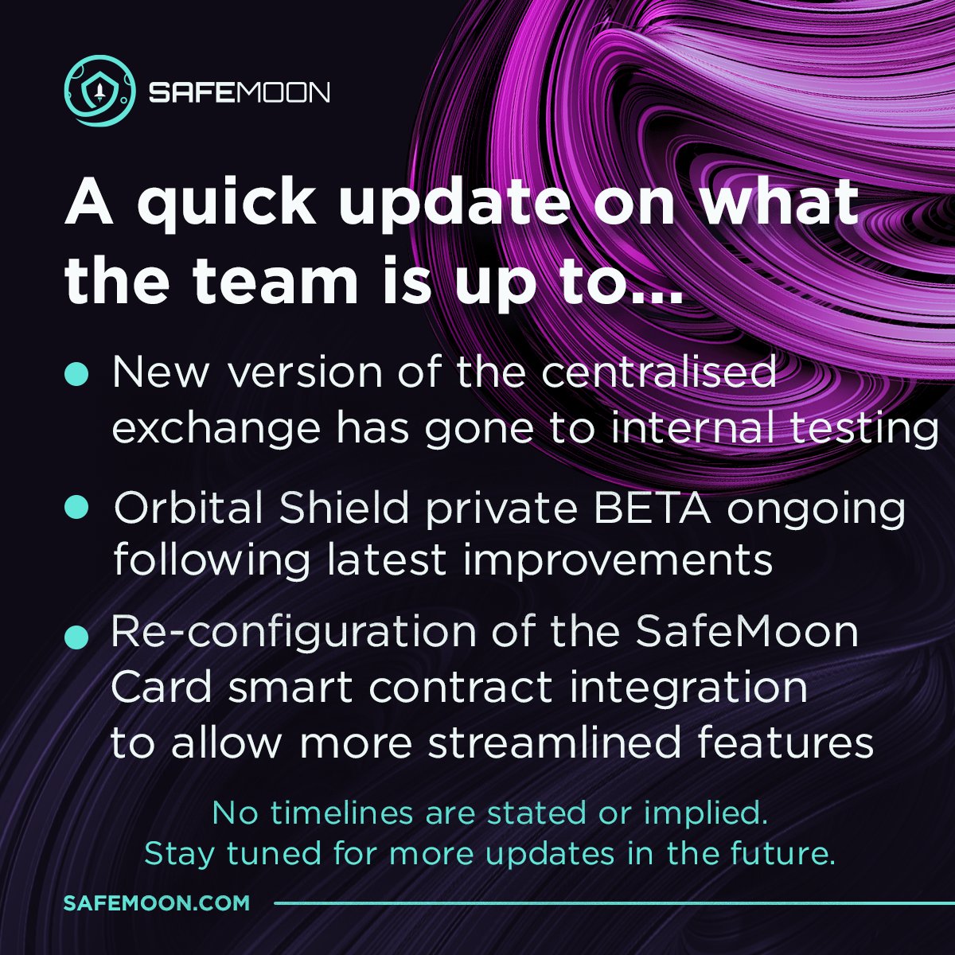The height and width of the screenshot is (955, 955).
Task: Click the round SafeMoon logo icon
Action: click(x=97, y=92)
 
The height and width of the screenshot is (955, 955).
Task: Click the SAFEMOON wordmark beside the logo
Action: click(x=239, y=92)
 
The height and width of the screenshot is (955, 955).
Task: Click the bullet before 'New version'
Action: click(x=76, y=372)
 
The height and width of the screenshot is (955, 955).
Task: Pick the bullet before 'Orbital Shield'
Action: click(x=76, y=507)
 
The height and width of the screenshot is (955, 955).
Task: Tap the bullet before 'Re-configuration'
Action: click(x=76, y=636)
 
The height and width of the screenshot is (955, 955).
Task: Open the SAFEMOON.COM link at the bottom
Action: click(x=157, y=903)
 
